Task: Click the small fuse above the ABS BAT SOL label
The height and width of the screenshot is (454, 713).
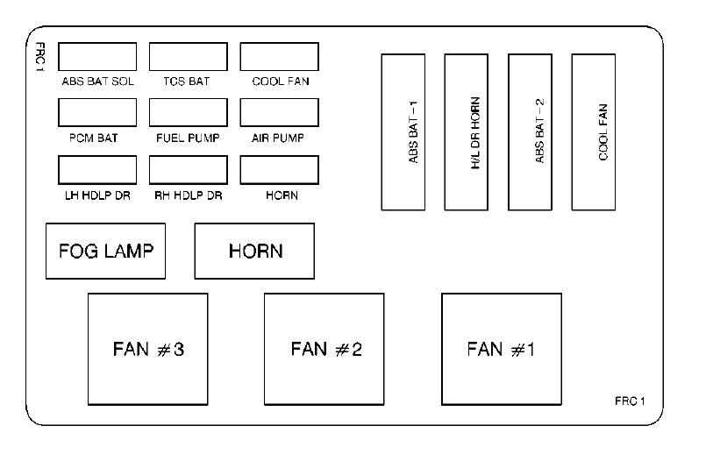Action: click(97, 56)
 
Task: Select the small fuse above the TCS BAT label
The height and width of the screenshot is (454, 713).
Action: click(189, 56)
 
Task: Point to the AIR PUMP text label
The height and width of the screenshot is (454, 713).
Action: click(279, 138)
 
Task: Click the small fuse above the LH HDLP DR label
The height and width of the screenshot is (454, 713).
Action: click(97, 169)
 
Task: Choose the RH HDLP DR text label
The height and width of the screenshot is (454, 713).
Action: click(188, 195)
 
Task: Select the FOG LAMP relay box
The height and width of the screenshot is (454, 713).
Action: click(105, 251)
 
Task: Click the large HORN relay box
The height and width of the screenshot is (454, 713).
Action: click(254, 251)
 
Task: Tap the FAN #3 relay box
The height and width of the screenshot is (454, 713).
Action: click(148, 348)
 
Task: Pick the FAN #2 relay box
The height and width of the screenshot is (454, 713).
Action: click(324, 348)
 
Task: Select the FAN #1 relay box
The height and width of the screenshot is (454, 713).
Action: click(501, 348)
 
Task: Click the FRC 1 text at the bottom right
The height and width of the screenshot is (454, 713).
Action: click(630, 401)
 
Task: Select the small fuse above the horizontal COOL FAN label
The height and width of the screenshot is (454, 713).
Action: click(279, 56)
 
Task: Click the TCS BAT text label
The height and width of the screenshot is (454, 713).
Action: click(187, 82)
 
